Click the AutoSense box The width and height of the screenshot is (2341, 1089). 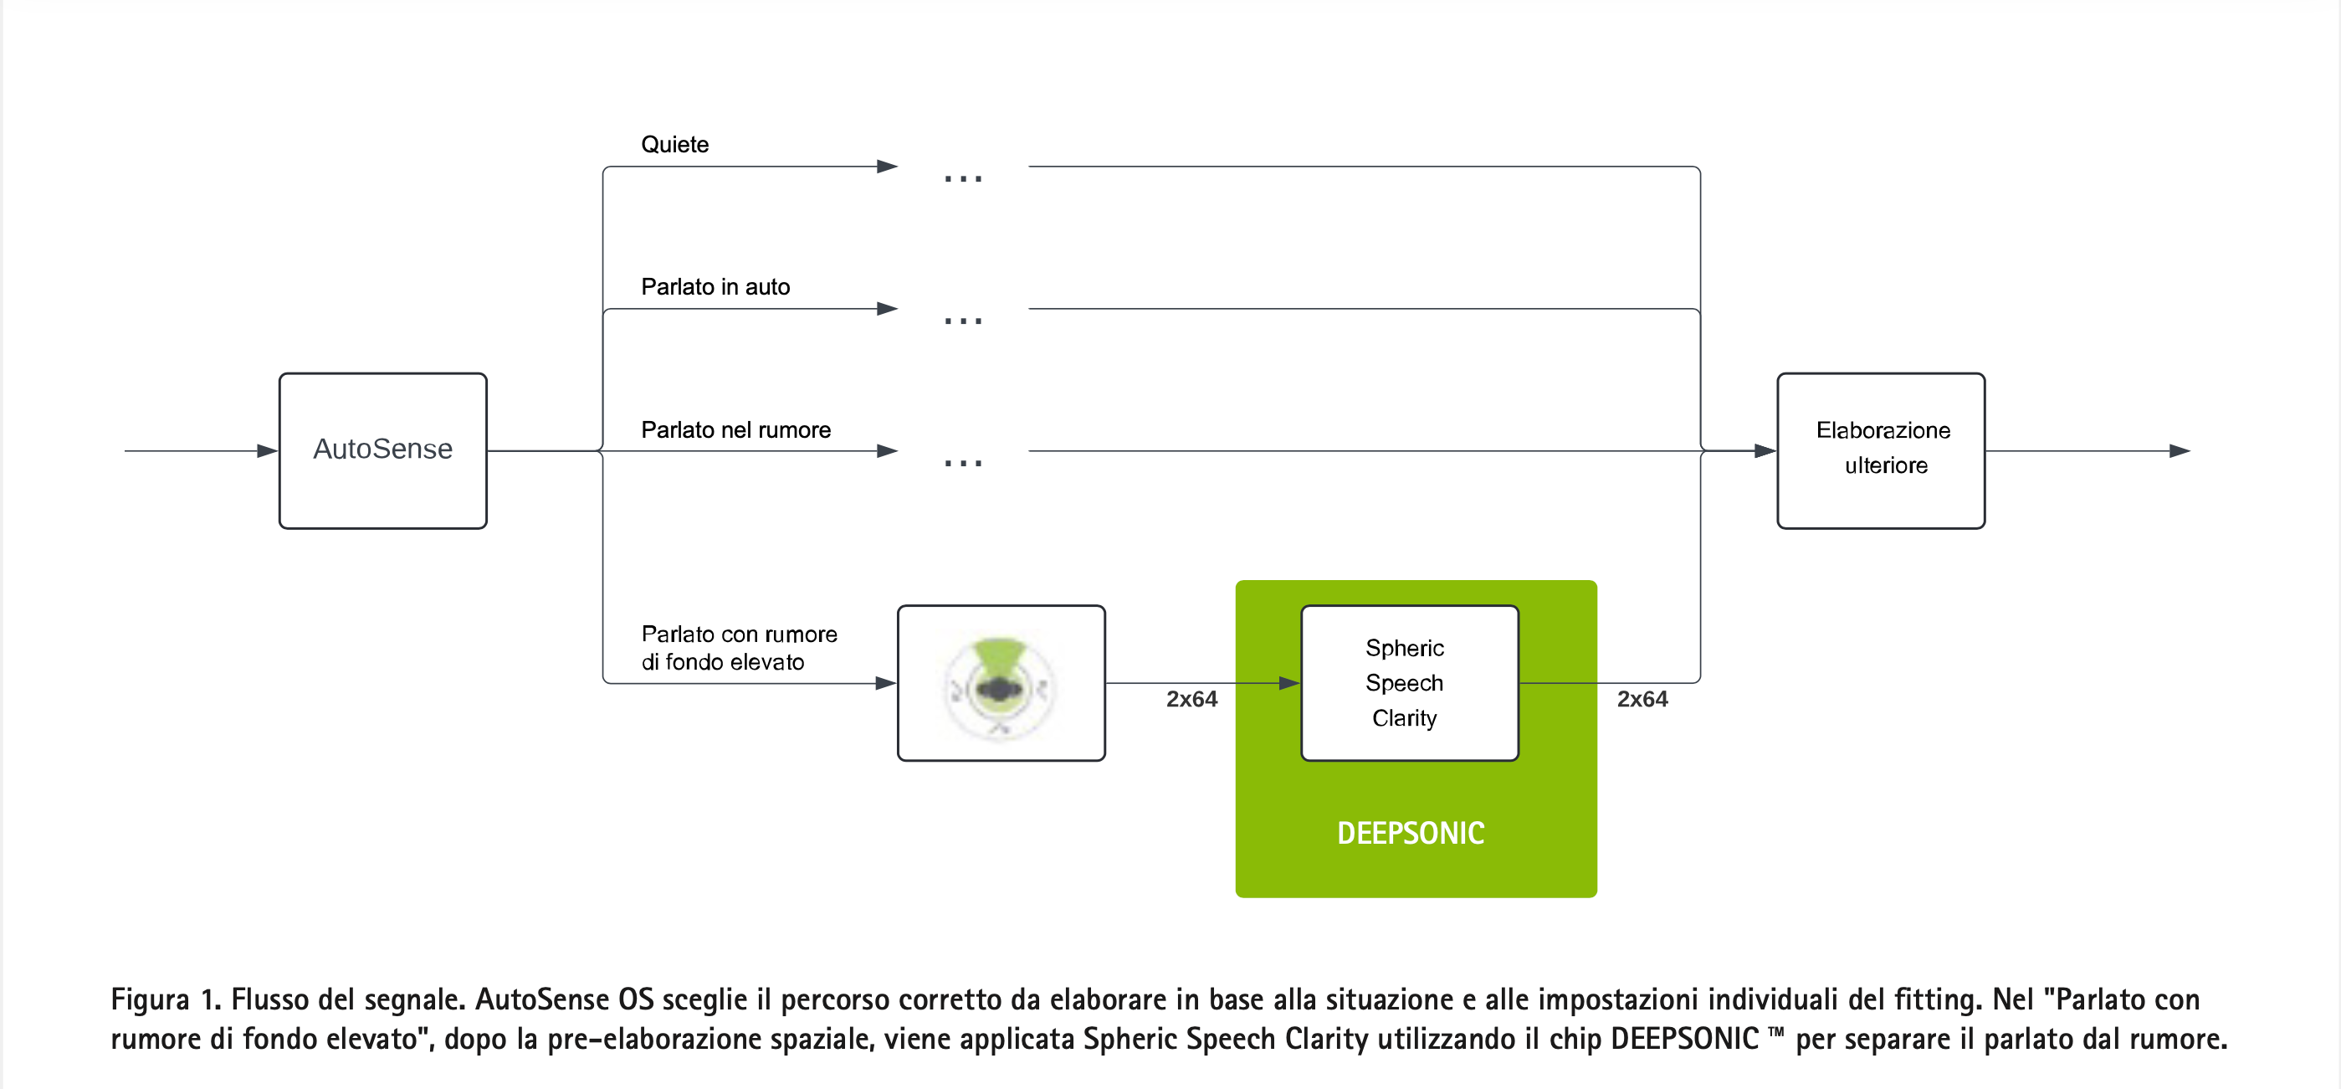tap(382, 450)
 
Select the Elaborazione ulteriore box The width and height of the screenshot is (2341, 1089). tap(1880, 450)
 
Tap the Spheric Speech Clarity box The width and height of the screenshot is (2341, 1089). tap(1409, 683)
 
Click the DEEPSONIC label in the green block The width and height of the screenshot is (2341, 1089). tap(1411, 833)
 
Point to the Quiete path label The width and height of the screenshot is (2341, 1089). tap(674, 145)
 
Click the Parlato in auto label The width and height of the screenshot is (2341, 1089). tap(715, 287)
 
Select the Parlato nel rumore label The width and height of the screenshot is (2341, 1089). tap(735, 430)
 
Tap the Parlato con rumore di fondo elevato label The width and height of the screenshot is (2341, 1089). tap(738, 647)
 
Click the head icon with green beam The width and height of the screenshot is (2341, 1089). tap(1000, 684)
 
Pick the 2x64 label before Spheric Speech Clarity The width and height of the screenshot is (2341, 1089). tap(1191, 699)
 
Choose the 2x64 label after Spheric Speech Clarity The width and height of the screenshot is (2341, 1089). tap(1642, 699)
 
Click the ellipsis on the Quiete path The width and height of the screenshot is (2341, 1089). tap(962, 178)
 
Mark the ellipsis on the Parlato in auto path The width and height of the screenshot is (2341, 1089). tap(962, 320)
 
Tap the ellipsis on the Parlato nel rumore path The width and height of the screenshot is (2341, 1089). tap(962, 463)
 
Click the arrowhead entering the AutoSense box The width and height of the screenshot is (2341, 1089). tap(267, 451)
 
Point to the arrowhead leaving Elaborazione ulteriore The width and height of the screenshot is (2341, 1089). tap(2180, 451)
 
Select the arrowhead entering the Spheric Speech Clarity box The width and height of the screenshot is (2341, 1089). tap(1288, 683)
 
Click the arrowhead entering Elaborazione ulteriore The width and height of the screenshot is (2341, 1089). tap(1765, 451)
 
